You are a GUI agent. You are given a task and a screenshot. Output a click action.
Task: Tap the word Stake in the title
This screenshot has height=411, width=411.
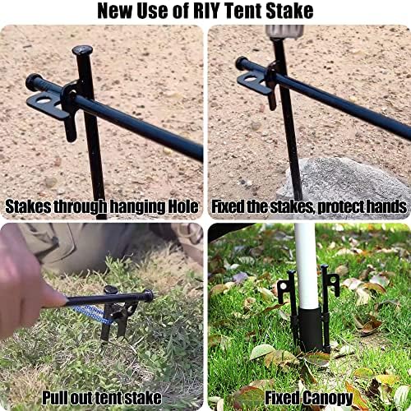[290, 11]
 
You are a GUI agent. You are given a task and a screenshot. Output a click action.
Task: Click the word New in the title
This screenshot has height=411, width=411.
[114, 11]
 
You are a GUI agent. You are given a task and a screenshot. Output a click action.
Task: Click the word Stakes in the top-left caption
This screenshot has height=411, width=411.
[30, 206]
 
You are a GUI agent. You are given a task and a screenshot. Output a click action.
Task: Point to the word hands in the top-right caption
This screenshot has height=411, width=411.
[384, 206]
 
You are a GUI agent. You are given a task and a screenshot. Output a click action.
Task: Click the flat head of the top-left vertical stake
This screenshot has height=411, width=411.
[81, 51]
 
